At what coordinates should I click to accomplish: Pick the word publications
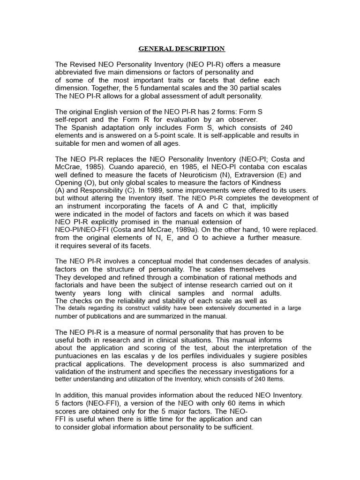click(x=102, y=316)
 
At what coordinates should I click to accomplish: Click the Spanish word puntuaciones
click(x=78, y=356)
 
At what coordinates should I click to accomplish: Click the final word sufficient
click(x=237, y=427)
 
